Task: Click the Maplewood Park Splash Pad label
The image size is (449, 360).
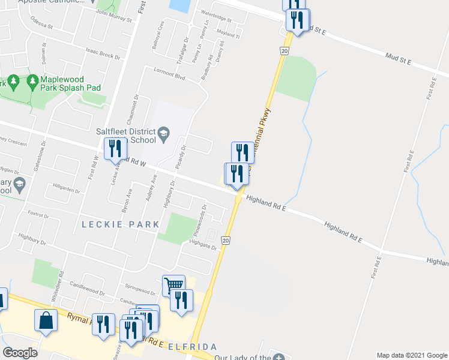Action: click(70, 83)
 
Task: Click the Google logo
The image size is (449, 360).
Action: click(20, 353)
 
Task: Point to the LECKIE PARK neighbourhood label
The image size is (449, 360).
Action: click(120, 224)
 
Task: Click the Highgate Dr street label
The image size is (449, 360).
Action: click(202, 245)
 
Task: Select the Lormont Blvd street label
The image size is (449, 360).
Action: click(169, 74)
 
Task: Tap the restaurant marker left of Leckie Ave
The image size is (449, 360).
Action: click(115, 148)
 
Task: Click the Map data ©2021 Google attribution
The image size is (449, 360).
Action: click(412, 355)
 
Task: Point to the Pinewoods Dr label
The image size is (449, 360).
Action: click(199, 221)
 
